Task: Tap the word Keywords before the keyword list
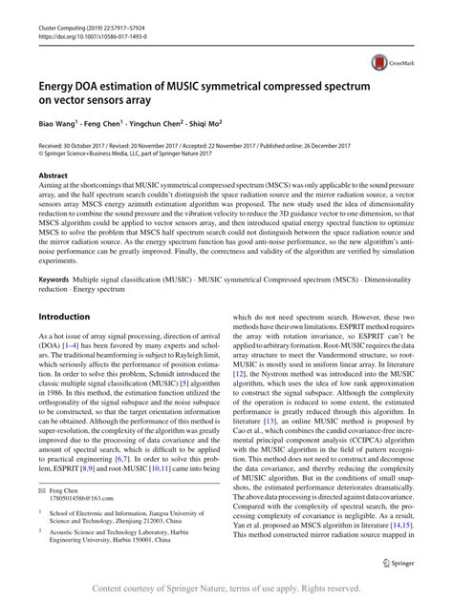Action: click(x=54, y=279)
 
